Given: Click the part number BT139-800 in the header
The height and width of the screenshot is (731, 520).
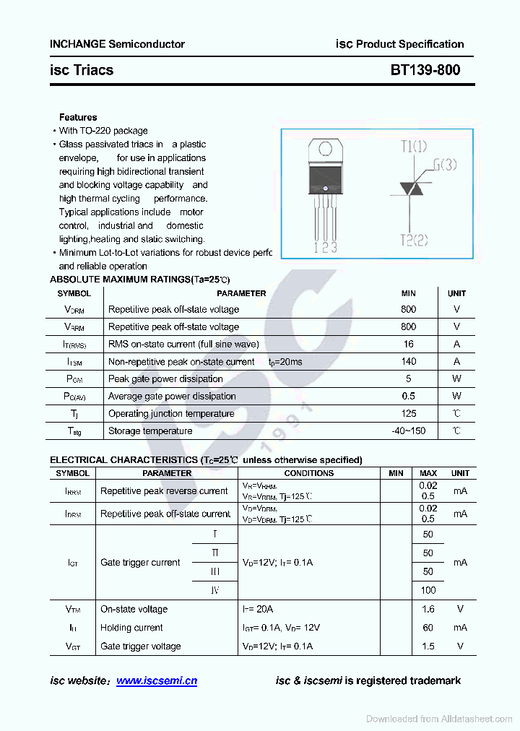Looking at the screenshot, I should point(425,70).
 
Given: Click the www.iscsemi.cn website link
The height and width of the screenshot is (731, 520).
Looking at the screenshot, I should point(156,680).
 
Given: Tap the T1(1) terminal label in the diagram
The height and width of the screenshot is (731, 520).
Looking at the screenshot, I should point(414,147).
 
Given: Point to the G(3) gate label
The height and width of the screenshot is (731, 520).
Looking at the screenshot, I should point(444,165).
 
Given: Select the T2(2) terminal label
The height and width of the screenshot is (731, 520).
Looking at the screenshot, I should point(414,241).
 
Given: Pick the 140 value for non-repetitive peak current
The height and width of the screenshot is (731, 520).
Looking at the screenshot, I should point(409,361).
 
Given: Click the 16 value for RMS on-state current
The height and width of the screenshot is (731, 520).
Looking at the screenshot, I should point(409,344).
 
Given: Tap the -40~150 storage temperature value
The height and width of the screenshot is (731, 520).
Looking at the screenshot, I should point(409,431).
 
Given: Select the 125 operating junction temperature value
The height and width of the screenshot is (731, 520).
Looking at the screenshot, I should point(409,413).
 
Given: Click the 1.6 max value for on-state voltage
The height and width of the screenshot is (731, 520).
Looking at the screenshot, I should point(428,609).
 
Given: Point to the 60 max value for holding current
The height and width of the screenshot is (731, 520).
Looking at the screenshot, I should point(428,628).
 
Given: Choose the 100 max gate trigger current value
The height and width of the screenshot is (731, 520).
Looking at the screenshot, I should point(428,590).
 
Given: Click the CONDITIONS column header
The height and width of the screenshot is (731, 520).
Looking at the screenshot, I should point(309,473).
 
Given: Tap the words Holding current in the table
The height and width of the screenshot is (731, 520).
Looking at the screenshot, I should point(131,628).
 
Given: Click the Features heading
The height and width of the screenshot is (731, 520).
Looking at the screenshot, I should point(78,117).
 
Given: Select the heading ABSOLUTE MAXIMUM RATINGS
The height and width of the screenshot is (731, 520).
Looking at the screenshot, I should point(119,279).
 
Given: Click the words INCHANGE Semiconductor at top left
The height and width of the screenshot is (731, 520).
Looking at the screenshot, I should point(117,44).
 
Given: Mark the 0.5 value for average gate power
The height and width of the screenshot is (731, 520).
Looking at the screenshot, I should point(409,396).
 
